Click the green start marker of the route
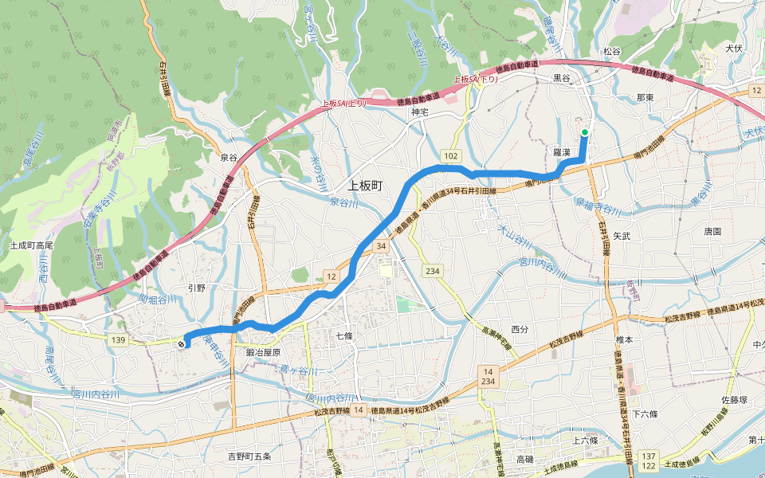point(585,132)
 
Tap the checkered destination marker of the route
point(183,344)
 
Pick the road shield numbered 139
point(120,340)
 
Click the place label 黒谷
point(563,78)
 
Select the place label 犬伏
point(734,49)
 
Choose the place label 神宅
point(420,112)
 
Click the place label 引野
point(196,288)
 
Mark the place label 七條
point(343,336)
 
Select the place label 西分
point(520,329)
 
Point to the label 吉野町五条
point(249,456)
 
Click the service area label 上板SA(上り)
point(344,104)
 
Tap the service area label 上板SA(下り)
point(475,79)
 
